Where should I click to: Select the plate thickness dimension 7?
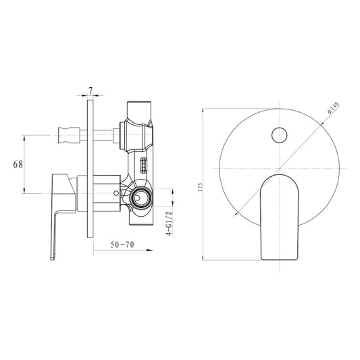[90, 90]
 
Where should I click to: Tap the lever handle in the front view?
[278, 216]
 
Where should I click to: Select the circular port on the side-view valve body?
[142, 198]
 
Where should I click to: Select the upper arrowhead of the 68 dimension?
[25, 138]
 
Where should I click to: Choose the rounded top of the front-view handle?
[278, 177]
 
